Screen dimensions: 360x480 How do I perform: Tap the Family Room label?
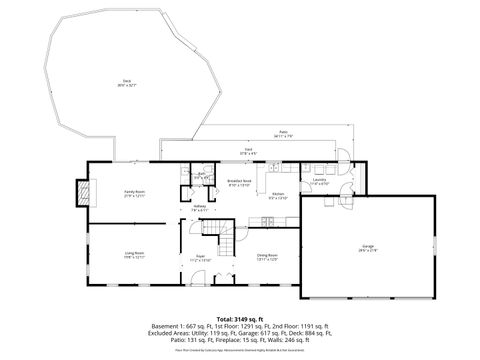(x=135, y=195)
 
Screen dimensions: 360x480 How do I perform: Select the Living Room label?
(x=135, y=255)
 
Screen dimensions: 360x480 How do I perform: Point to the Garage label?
(x=367, y=247)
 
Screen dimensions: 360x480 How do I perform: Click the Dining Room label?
(x=267, y=256)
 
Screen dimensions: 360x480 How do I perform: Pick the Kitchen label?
(x=278, y=195)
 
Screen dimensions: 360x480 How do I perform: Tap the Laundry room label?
(x=319, y=182)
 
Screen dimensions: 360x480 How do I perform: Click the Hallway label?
(x=199, y=208)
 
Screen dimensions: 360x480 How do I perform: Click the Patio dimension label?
(x=283, y=133)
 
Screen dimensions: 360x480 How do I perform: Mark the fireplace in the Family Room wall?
(x=90, y=193)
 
